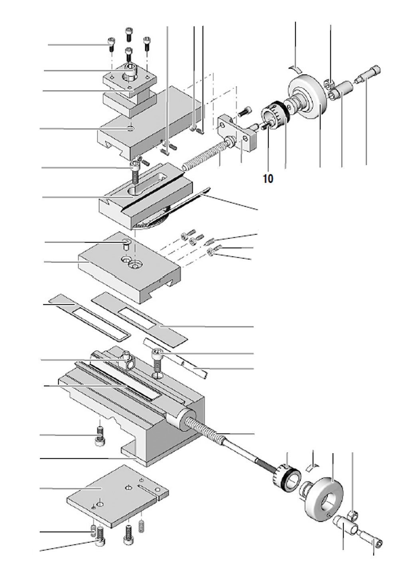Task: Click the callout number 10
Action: (x=268, y=179)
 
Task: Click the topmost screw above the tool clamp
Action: (x=128, y=34)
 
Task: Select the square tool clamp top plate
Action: (x=127, y=80)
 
